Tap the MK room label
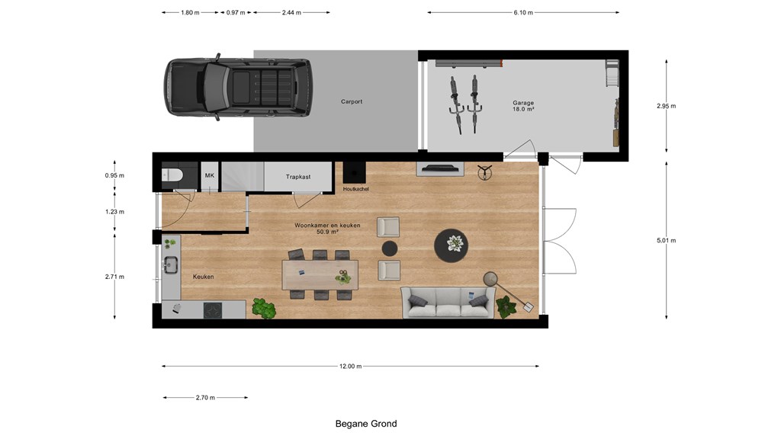pyautogui.click(x=210, y=176)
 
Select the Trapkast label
pyautogui.click(x=298, y=177)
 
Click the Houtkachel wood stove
pyautogui.click(x=354, y=173)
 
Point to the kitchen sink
pyautogui.click(x=171, y=264)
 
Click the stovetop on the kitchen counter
pyautogui.click(x=214, y=311)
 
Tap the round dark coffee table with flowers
pyautogui.click(x=452, y=245)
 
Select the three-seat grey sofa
pyautogui.click(x=448, y=303)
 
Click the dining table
pyautogui.click(x=320, y=274)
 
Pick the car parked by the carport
pyautogui.click(x=238, y=88)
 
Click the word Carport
pyautogui.click(x=352, y=101)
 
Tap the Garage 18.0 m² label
pyautogui.click(x=523, y=106)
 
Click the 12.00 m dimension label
pyautogui.click(x=351, y=367)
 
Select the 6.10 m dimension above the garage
pyautogui.click(x=523, y=12)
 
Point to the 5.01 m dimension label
pyautogui.click(x=667, y=240)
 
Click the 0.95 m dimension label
pyautogui.click(x=114, y=176)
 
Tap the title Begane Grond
pyautogui.click(x=366, y=424)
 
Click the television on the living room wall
pyautogui.click(x=440, y=168)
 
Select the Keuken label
pyautogui.click(x=203, y=277)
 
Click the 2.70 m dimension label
pyautogui.click(x=205, y=398)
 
